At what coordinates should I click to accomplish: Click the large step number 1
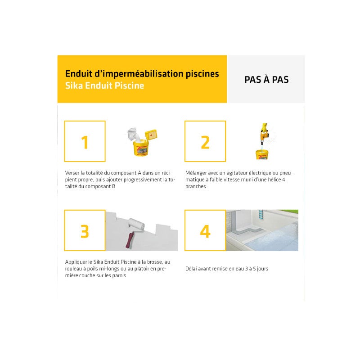[x=85, y=142]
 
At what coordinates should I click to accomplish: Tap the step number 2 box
[x=205, y=142]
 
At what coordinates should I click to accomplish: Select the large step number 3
[x=85, y=230]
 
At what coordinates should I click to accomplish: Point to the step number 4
[x=205, y=230]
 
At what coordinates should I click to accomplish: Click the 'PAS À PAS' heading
[x=266, y=80]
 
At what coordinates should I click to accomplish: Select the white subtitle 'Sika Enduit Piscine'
[x=105, y=85]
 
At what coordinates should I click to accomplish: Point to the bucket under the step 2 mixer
[x=262, y=154]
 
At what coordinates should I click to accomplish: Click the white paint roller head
[x=135, y=223]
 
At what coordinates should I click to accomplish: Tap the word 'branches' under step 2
[x=196, y=186]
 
